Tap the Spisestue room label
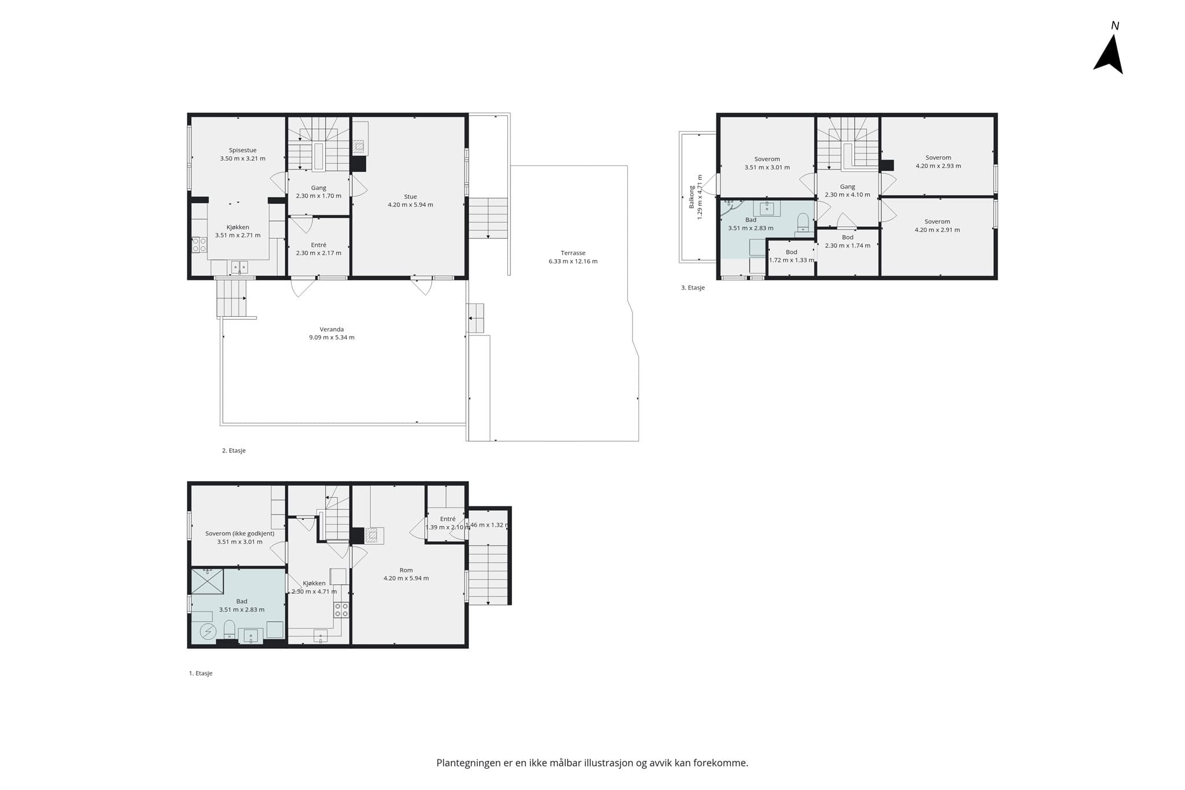242,150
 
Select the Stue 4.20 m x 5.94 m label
410,201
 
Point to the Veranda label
332,330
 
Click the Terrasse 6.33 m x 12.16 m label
573,257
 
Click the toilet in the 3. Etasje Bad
803,223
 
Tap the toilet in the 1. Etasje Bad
229,629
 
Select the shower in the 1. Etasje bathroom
207,581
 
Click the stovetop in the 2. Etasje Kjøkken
199,245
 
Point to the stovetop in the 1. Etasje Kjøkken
341,610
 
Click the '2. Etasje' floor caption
234,451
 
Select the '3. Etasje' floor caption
693,287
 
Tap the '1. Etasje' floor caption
201,673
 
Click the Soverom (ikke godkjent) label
240,534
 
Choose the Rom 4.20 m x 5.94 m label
406,574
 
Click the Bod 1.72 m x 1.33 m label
792,256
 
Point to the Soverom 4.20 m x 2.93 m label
938,161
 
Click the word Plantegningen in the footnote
469,763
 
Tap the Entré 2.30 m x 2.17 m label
318,249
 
